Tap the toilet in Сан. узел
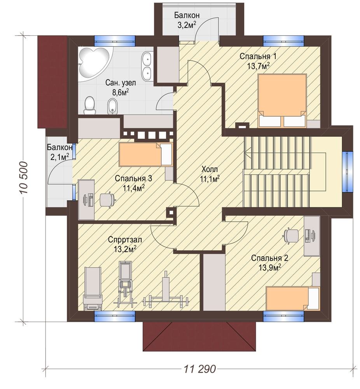tap(89, 105)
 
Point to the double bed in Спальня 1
tap(282, 100)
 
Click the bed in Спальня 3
tap(145, 154)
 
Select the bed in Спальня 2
tap(293, 298)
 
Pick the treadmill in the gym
tap(93, 288)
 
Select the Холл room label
tap(210, 170)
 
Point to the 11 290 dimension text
tap(200, 369)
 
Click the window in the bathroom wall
tap(115, 40)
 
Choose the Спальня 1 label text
tap(258, 56)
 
